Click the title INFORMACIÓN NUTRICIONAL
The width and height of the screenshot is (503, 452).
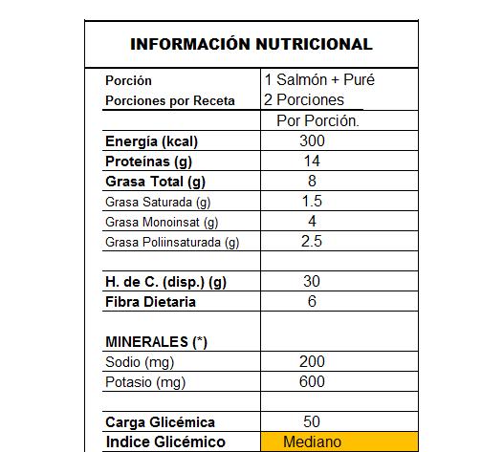click(x=251, y=44)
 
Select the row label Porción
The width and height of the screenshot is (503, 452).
click(x=128, y=80)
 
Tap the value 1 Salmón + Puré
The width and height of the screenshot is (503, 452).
click(x=318, y=80)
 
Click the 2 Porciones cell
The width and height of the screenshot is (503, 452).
click(x=304, y=99)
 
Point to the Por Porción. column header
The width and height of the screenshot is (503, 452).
click(x=317, y=121)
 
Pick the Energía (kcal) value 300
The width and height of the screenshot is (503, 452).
click(x=312, y=141)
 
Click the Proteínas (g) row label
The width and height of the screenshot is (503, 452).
click(x=148, y=161)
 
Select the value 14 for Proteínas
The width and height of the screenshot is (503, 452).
click(x=312, y=161)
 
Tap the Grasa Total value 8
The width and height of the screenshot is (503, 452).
click(x=312, y=182)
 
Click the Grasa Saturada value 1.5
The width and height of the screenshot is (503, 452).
click(x=312, y=202)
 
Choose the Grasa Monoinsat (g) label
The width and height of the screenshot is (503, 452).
click(x=162, y=222)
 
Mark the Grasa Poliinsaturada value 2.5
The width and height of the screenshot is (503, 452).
click(x=312, y=242)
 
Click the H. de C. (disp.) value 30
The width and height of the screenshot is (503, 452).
click(x=312, y=282)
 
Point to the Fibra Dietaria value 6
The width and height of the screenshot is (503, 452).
click(x=312, y=302)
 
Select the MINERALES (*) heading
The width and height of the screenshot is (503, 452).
click(x=155, y=341)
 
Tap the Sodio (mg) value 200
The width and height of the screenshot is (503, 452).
click(x=312, y=362)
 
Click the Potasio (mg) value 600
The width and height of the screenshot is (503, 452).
click(x=312, y=382)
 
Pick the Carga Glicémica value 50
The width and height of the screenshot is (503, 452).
click(x=312, y=421)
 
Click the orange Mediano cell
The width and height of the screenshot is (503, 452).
click(x=312, y=441)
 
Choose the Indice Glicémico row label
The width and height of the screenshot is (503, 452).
click(x=164, y=441)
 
